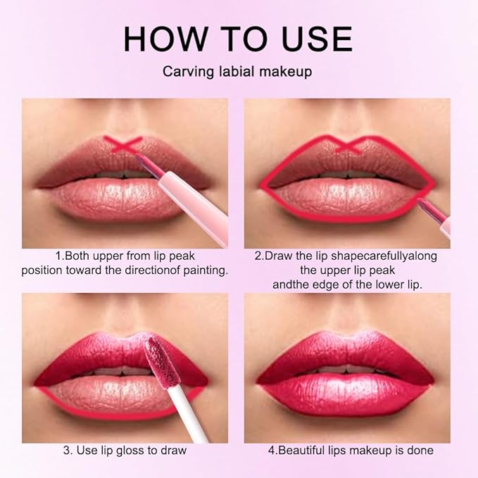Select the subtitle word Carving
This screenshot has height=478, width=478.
pyautogui.click(x=185, y=72)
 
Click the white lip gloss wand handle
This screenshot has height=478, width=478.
pyautogui.click(x=184, y=418)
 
